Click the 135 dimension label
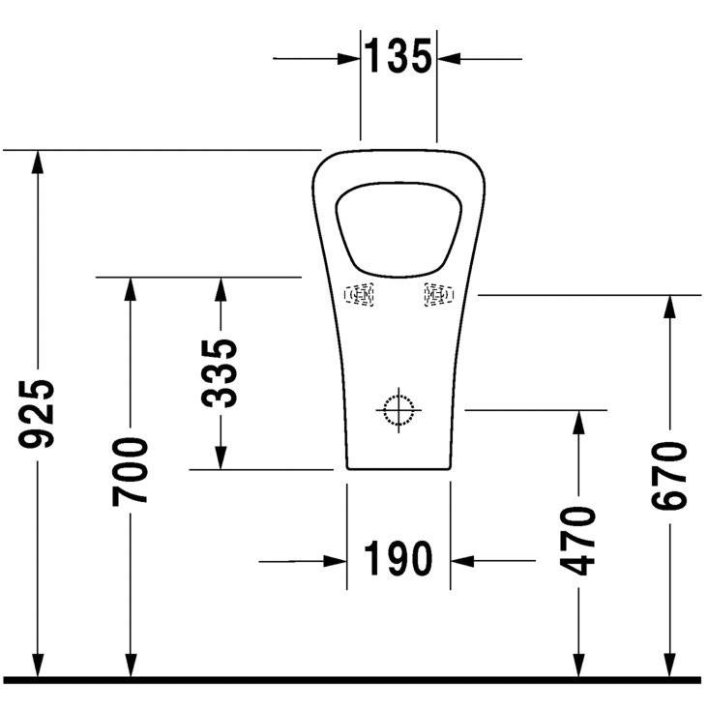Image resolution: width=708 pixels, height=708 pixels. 398,56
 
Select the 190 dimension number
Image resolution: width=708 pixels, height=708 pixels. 398,558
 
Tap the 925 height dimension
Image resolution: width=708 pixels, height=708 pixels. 36,414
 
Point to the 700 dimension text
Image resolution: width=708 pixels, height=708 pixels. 130,471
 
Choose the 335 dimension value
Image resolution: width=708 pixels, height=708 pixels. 220,373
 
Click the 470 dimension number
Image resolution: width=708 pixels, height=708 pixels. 578,542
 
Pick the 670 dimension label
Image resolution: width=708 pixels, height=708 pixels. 669,476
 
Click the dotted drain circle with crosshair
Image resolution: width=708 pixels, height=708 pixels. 398,410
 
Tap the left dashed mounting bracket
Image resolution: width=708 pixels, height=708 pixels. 359,295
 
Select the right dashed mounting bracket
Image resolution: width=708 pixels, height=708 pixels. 438,295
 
